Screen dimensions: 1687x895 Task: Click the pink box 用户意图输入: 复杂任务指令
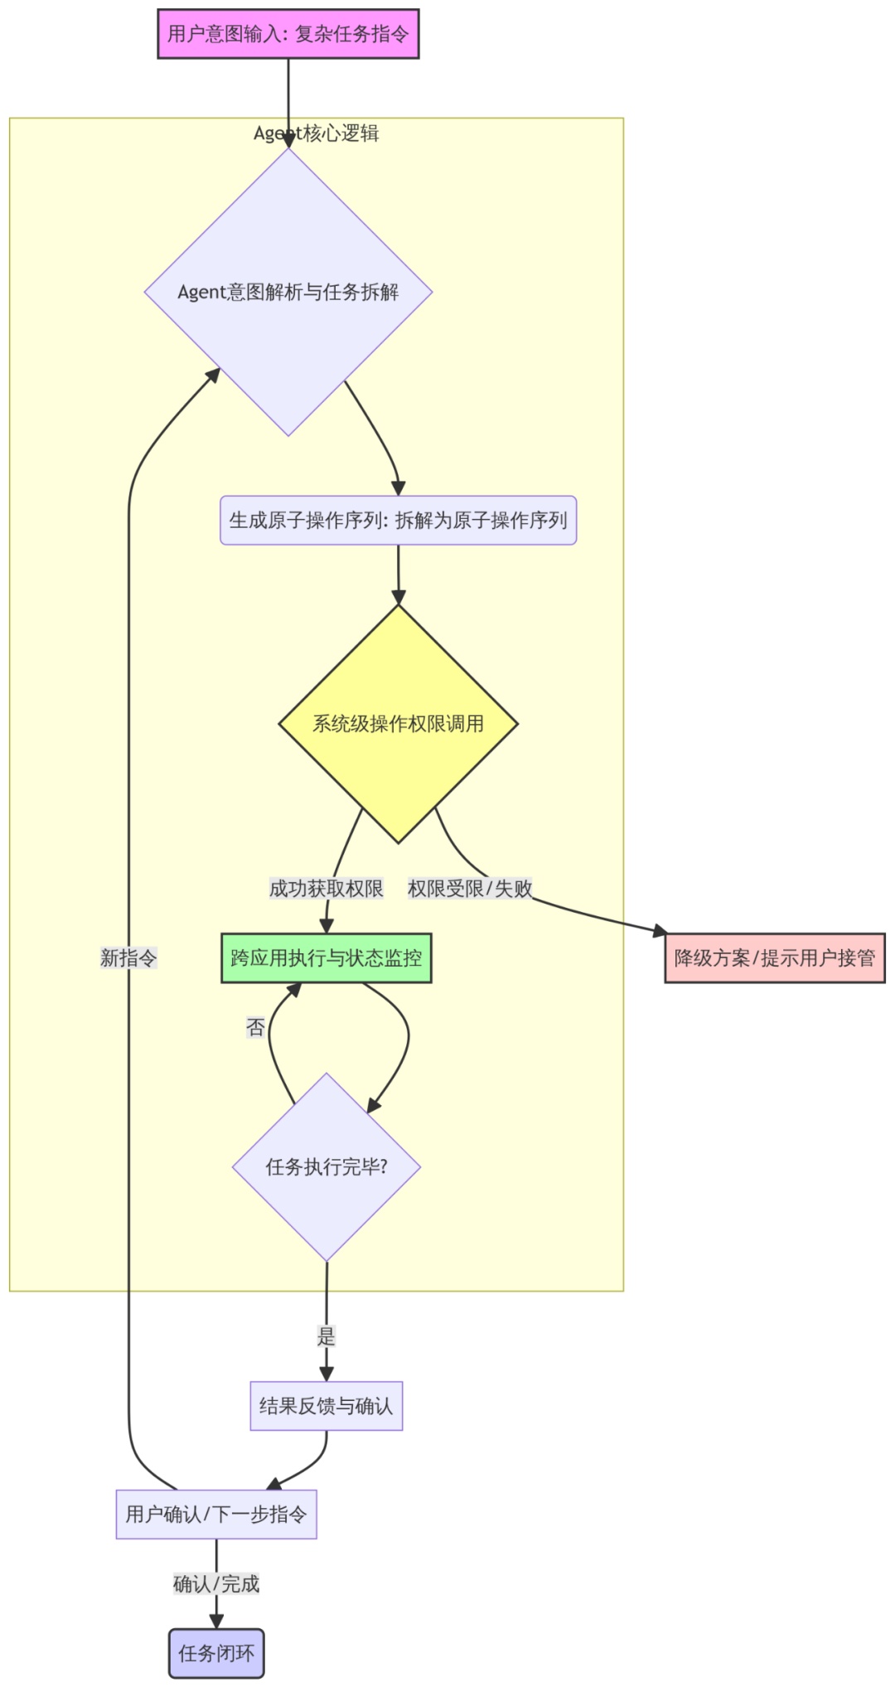click(288, 34)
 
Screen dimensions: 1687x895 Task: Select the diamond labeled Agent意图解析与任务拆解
click(288, 292)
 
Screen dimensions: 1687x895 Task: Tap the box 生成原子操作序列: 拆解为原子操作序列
click(398, 521)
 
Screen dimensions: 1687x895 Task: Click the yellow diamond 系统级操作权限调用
click(398, 724)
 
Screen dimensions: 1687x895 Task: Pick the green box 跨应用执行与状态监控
click(327, 958)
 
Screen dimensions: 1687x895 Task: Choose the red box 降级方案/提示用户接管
click(775, 958)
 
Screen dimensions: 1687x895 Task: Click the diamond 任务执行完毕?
click(327, 1167)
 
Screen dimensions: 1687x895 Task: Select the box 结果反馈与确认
click(327, 1406)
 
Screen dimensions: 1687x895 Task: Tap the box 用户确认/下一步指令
click(216, 1515)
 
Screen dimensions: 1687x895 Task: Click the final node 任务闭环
click(216, 1654)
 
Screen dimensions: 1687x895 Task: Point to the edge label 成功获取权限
click(327, 889)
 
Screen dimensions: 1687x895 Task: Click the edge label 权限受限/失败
click(470, 889)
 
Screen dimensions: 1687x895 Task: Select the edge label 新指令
click(128, 958)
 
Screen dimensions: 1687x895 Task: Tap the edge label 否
click(255, 1028)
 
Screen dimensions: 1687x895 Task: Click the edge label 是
click(327, 1336)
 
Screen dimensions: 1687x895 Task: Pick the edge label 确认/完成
click(216, 1584)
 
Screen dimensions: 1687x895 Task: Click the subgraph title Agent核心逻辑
click(316, 133)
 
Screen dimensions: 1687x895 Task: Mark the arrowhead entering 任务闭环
click(216, 1622)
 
